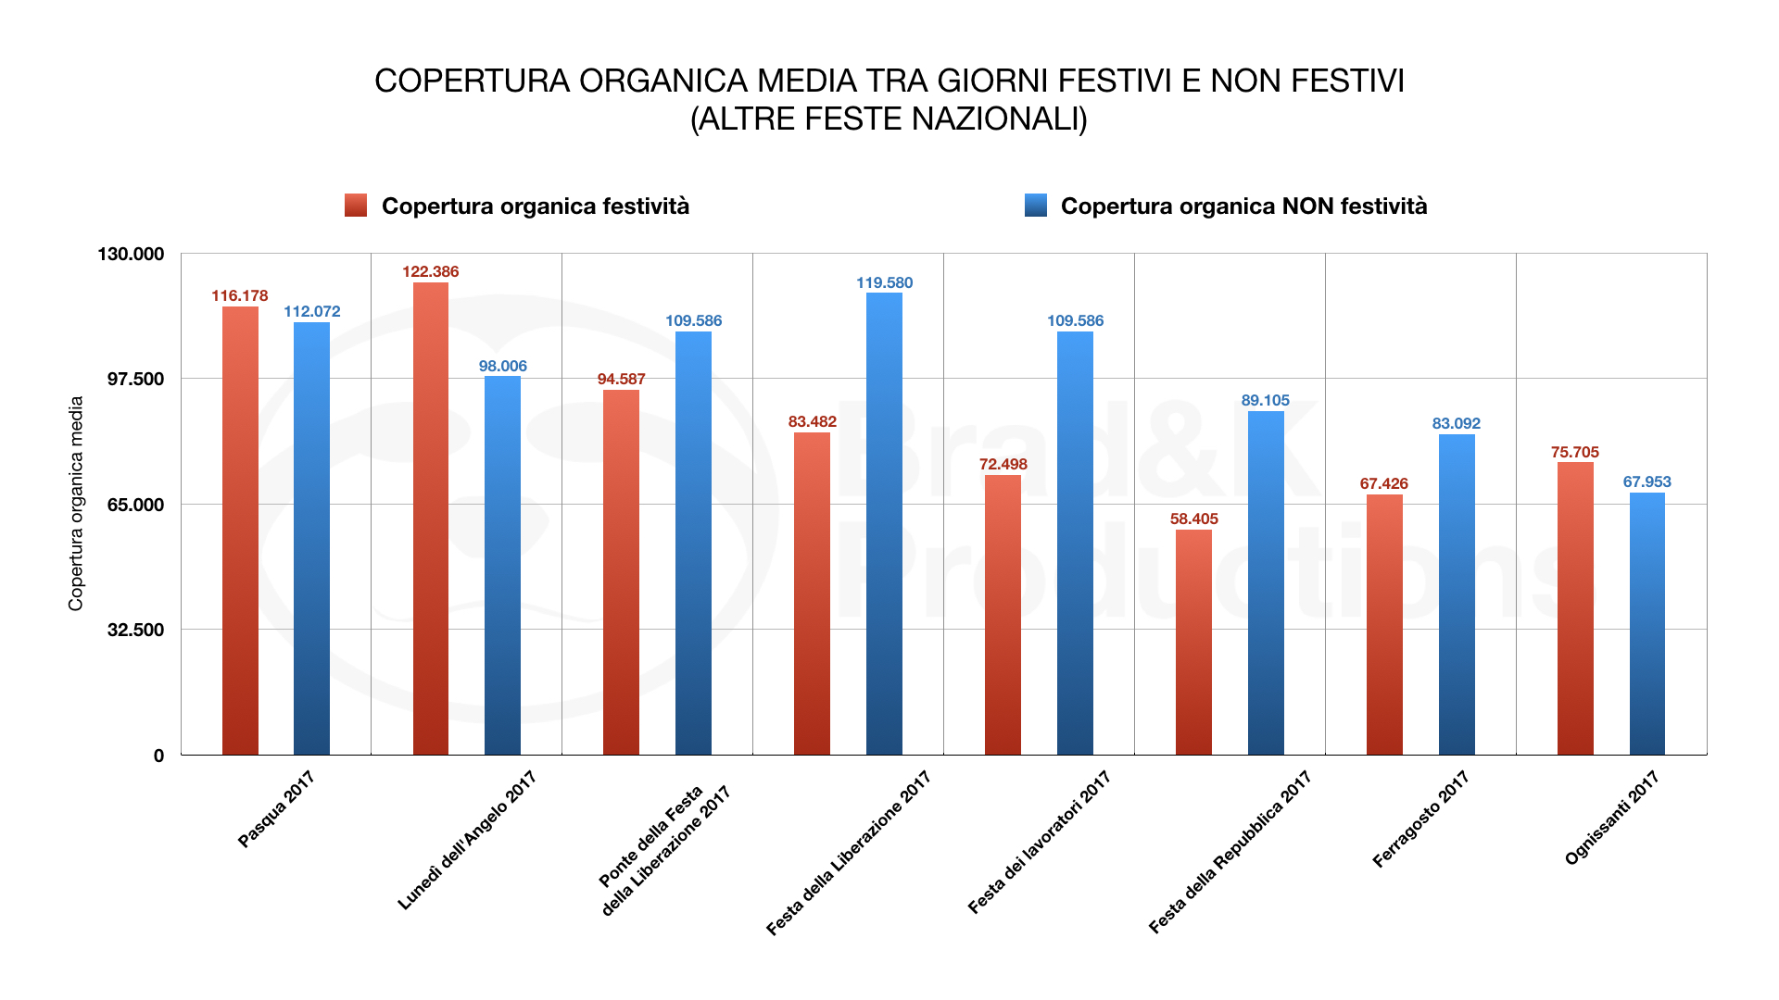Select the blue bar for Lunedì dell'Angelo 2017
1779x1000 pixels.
point(502,566)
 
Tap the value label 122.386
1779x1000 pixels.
point(430,271)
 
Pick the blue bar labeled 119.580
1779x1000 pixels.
point(884,524)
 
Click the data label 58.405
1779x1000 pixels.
point(1193,519)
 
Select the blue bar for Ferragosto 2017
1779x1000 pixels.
point(1457,594)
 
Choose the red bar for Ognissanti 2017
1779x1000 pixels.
point(1575,608)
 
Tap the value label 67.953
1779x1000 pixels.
point(1647,481)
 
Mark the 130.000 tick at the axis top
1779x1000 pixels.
point(131,254)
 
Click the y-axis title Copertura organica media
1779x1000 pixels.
point(76,504)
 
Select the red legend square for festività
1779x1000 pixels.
point(356,206)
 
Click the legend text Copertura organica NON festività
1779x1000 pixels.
point(1243,206)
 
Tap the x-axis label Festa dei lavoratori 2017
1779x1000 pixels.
point(1039,843)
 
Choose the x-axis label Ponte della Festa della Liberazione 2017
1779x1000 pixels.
point(664,850)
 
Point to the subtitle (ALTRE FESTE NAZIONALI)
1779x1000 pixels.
point(889,119)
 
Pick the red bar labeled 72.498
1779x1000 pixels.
point(1003,615)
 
